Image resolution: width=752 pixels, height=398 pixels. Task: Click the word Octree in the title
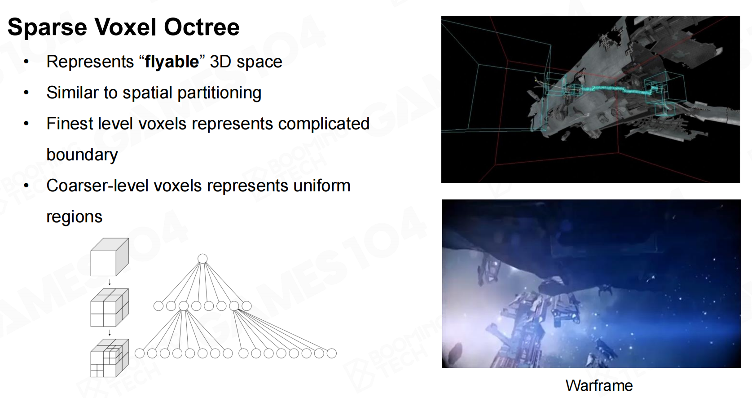tap(202, 27)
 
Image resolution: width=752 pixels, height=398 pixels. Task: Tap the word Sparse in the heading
tap(47, 27)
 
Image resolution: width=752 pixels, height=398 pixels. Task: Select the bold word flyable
tap(172, 62)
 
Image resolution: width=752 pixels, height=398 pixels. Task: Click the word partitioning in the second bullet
tap(219, 93)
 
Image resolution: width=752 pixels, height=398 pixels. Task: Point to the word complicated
tap(324, 124)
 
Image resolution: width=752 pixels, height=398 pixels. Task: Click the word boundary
tap(82, 155)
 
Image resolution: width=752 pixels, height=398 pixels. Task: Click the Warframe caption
tap(599, 385)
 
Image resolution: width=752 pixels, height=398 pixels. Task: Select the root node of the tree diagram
tap(202, 259)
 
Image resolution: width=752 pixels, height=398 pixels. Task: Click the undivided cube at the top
tap(110, 257)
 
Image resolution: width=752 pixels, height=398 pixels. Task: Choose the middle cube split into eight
tap(110, 308)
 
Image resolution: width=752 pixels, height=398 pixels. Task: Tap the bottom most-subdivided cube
tap(110, 358)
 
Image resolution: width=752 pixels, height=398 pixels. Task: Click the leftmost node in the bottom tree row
tap(140, 354)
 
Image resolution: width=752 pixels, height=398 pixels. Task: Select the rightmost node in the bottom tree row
tap(332, 354)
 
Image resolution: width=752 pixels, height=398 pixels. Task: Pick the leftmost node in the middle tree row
tap(158, 306)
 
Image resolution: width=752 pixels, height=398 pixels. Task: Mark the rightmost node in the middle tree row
tap(246, 306)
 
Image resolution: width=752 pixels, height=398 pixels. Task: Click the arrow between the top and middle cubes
tap(110, 282)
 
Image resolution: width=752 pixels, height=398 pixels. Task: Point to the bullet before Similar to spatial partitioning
tap(26, 93)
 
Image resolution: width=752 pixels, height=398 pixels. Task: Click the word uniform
tap(322, 186)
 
